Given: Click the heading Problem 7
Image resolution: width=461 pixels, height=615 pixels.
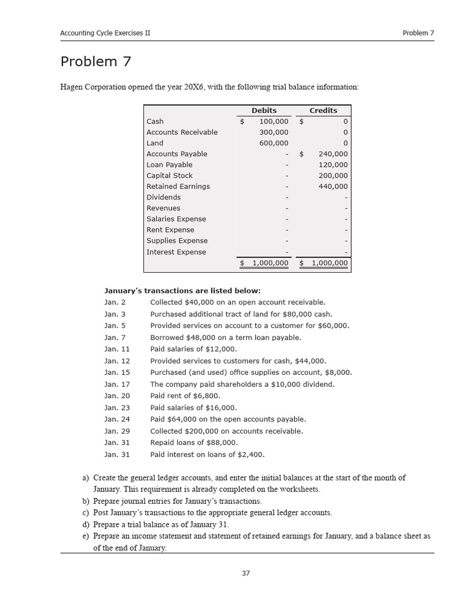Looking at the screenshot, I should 95,62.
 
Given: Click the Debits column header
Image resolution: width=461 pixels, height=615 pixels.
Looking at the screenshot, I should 264,111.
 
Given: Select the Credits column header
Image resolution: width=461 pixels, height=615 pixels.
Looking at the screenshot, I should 323,111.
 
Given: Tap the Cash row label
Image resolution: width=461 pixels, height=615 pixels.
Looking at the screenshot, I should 155,121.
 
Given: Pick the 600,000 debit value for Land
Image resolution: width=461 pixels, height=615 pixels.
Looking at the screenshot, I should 274,143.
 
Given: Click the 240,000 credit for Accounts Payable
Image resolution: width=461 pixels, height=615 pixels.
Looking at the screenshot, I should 333,154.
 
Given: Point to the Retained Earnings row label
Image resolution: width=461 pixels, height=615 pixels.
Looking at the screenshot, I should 178,186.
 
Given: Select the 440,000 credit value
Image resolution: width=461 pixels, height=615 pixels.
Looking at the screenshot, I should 333,186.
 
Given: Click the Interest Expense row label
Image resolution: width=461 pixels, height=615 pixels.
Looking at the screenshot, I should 176,252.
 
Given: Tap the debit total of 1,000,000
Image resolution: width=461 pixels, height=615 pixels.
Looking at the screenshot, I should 270,263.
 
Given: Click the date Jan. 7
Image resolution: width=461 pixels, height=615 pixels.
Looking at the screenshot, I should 115,338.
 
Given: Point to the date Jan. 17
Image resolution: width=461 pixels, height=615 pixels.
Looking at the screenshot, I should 116,384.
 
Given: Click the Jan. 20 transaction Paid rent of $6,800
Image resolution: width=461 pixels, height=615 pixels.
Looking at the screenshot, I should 185,396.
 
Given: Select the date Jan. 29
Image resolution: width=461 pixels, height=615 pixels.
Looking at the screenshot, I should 116,431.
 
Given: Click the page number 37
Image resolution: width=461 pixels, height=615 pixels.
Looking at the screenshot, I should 246,573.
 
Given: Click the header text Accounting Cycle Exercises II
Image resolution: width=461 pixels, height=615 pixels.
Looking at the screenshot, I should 105,33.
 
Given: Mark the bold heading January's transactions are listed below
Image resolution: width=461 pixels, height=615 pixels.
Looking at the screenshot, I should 182,291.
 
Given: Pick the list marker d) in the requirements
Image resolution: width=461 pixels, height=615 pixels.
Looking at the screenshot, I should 85,524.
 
